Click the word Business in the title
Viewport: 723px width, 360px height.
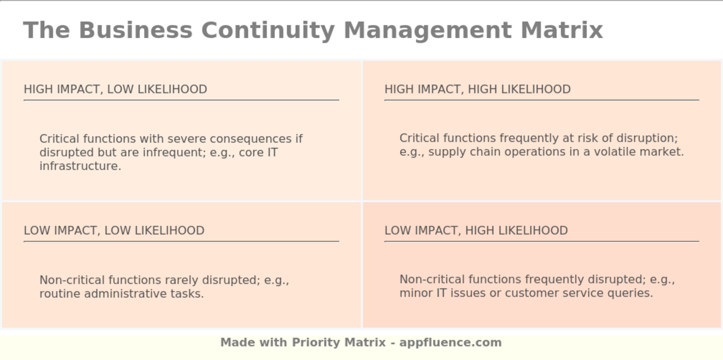(x=135, y=30)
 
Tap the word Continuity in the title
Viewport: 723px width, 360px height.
(x=268, y=30)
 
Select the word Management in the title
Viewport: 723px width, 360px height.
(x=428, y=30)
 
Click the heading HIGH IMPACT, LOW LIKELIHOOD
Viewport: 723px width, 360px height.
(x=115, y=89)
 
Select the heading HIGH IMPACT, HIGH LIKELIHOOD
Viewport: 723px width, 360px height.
(x=477, y=89)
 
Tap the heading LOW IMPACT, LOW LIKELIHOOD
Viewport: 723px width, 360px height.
(x=114, y=230)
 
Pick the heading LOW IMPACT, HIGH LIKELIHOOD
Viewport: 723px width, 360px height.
(x=476, y=230)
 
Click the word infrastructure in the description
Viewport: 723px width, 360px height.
(x=80, y=166)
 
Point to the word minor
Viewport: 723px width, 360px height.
(x=415, y=293)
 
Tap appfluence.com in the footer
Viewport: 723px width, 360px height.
(x=450, y=342)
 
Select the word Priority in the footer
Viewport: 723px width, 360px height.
(x=315, y=342)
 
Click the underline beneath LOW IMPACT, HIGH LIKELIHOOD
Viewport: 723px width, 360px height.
(x=541, y=241)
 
